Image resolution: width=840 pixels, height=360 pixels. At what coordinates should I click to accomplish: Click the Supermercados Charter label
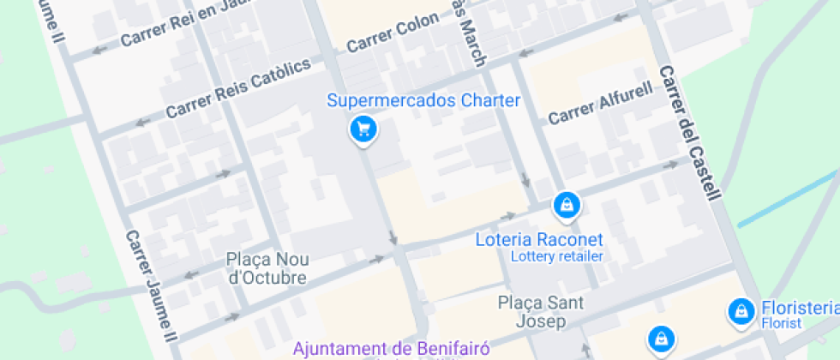tap(423, 101)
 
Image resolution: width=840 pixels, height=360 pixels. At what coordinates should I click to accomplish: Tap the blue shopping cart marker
tap(363, 129)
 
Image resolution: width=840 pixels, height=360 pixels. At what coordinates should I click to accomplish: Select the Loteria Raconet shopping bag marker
tap(567, 205)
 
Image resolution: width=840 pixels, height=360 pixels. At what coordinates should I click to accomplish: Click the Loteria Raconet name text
tap(539, 239)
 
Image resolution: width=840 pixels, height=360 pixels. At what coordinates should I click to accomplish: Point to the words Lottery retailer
tap(557, 256)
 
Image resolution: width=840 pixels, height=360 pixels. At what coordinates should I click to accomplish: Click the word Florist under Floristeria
tap(780, 323)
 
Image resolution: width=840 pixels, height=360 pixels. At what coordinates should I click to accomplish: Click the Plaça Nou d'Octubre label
tap(267, 268)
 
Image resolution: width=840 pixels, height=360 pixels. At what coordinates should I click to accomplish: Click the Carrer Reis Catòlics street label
tap(237, 90)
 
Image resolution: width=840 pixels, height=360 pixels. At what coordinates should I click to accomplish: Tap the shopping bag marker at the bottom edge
tap(660, 339)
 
